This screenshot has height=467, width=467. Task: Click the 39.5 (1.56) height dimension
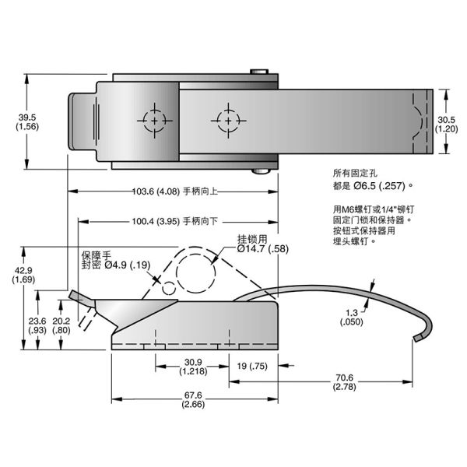27,122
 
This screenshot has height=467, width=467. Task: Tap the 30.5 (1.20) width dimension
446,124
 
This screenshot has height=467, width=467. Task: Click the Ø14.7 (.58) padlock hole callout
263,249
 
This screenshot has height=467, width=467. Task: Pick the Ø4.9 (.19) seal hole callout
128,265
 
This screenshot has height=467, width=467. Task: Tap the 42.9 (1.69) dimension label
23,275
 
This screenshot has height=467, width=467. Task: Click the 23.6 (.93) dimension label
37,325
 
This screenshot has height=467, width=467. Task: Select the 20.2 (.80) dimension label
61,325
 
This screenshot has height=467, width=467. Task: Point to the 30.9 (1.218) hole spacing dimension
193,367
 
